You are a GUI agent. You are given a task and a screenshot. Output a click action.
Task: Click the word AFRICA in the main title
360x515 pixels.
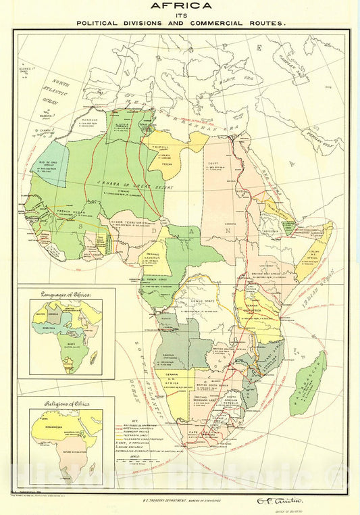[180, 6]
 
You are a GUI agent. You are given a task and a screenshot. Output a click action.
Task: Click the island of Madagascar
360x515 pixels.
[307, 383]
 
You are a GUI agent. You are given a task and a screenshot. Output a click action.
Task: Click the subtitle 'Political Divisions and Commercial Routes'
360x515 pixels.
[180, 22]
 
